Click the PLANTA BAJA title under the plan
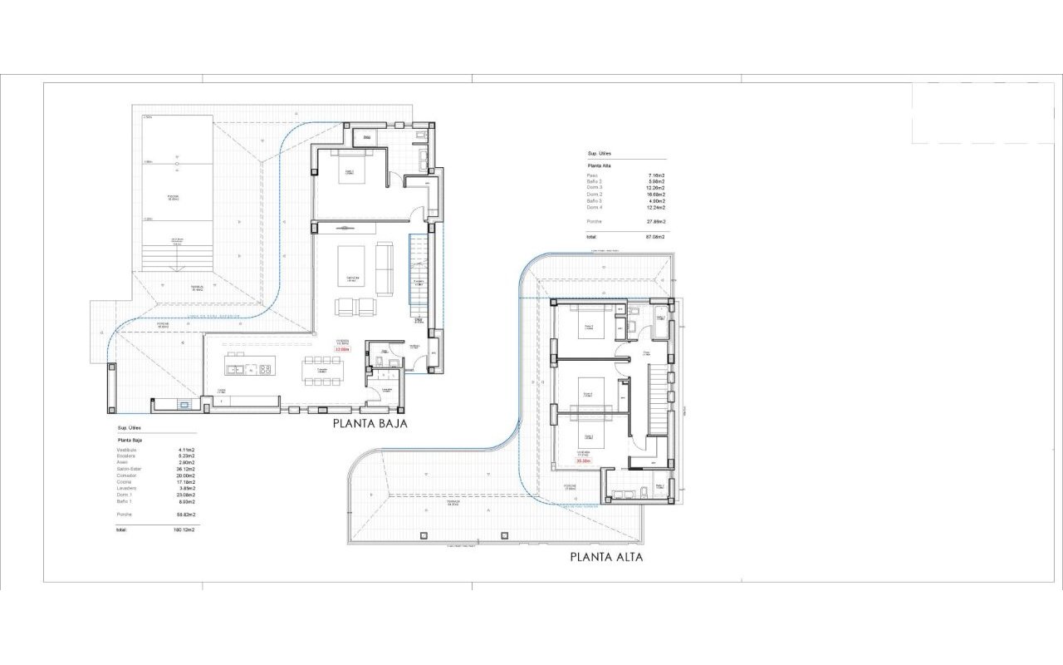(x=370, y=423)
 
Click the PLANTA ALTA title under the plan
(x=605, y=557)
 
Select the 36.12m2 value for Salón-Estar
(x=184, y=468)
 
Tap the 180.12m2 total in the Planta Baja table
(x=183, y=529)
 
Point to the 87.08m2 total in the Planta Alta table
(x=655, y=237)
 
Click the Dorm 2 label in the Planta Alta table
(x=594, y=195)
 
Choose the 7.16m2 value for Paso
(x=656, y=175)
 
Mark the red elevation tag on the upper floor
(x=582, y=461)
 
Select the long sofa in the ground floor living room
(x=385, y=268)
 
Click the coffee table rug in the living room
(x=352, y=268)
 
